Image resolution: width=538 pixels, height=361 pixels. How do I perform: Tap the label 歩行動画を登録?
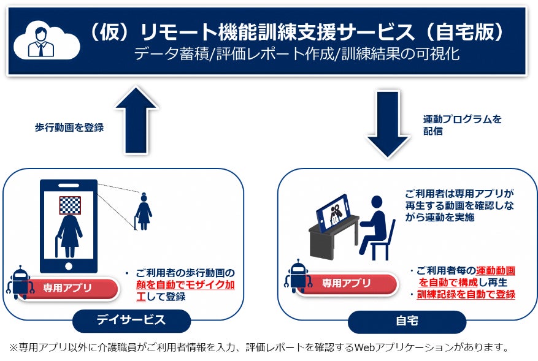click(69, 128)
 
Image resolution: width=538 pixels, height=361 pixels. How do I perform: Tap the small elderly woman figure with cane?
click(144, 211)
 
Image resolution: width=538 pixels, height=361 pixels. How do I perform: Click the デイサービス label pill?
click(131, 319)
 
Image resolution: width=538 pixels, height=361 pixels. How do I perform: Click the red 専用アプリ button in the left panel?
click(66, 287)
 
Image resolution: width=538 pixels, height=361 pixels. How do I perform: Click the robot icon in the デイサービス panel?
click(20, 282)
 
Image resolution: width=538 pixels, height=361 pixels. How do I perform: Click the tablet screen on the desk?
click(335, 211)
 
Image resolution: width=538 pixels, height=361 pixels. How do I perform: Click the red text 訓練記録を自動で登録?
click(466, 294)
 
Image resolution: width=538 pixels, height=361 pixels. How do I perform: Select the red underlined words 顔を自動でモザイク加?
click(185, 285)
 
